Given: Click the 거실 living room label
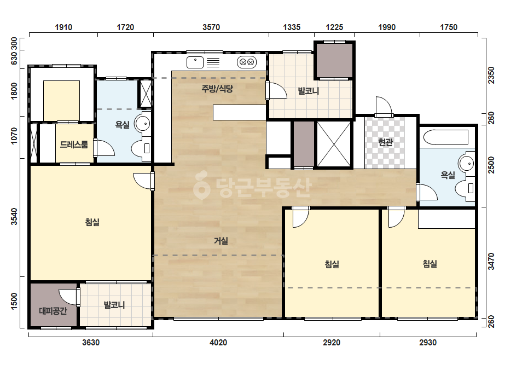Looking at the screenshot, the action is point(221,240).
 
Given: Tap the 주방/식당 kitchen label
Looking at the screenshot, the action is point(217,88).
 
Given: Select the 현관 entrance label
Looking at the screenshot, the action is point(385,142).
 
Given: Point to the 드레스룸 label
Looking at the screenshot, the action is point(74,144).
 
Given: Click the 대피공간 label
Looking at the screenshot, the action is point(53,311).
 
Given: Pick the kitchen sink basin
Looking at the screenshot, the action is point(195,62).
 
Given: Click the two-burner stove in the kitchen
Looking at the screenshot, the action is point(247,62).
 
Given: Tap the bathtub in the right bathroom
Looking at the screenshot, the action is point(446,137).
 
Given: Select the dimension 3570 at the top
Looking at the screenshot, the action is point(211,27).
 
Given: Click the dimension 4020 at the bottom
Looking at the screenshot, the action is point(218,342).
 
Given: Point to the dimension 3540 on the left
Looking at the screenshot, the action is point(14,216).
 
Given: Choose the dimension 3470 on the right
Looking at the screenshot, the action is point(491,262).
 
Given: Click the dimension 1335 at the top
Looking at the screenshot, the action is point(292,27).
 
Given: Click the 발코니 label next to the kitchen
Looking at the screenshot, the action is point(308,90).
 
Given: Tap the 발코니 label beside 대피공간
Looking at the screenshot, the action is point(114,304).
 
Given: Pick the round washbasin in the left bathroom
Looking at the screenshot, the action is point(142,124).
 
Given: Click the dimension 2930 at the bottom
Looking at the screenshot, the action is point(428,342).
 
